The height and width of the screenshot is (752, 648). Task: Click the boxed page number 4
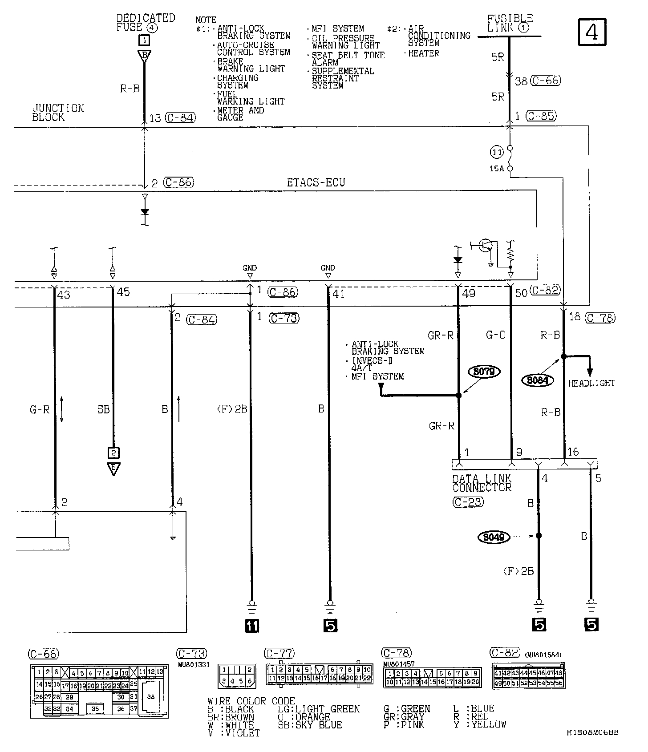[x=593, y=32]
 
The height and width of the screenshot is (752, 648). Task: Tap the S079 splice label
[x=484, y=372]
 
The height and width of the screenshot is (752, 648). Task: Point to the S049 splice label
[x=494, y=537]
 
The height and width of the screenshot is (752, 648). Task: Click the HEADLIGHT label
[x=591, y=383]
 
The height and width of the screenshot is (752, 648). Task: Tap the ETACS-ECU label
[x=316, y=182]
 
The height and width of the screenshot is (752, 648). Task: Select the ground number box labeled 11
[x=251, y=626]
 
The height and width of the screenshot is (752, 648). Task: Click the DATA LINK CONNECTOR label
[x=482, y=483]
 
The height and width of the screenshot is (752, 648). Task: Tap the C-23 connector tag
[x=468, y=502]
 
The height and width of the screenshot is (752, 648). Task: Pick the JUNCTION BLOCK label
[x=58, y=113]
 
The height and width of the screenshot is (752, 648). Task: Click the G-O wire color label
[x=496, y=336]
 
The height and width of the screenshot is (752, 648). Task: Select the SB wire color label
[x=103, y=409]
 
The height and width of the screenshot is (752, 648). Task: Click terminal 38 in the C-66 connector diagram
[x=150, y=697]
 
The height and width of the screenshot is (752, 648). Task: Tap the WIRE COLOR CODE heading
[x=251, y=702]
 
